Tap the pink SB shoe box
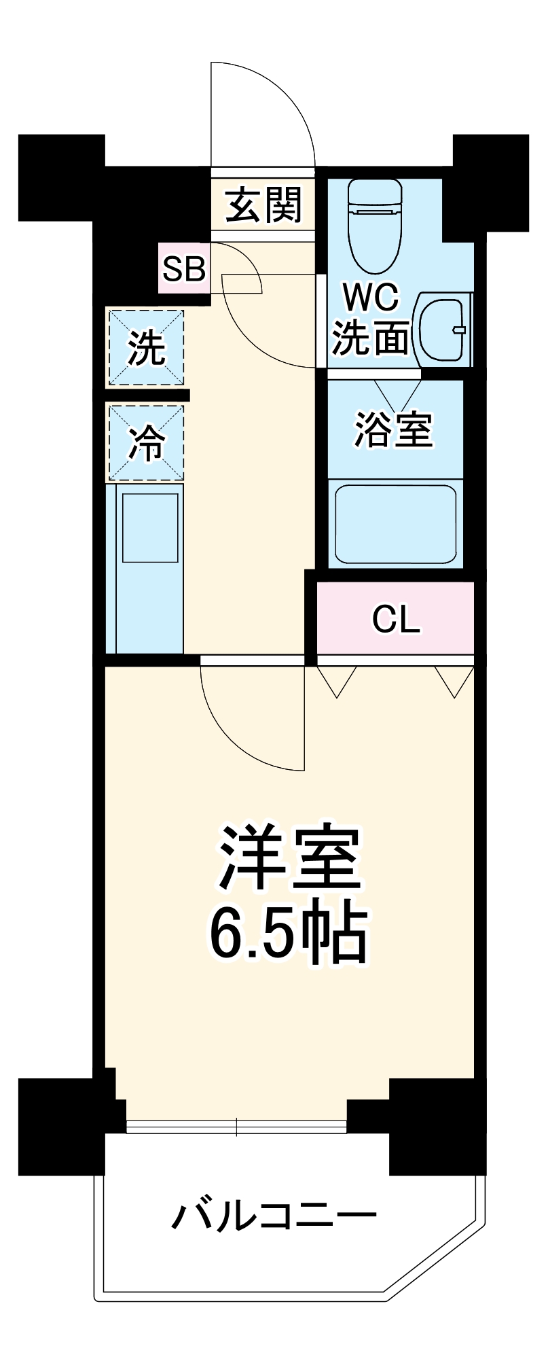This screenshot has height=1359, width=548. (183, 269)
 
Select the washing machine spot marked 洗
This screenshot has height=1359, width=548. (147, 347)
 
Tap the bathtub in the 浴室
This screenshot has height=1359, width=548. (395, 524)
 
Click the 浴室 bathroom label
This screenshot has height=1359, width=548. (394, 429)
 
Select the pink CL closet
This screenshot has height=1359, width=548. (396, 618)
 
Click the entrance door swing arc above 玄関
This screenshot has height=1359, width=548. (272, 109)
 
